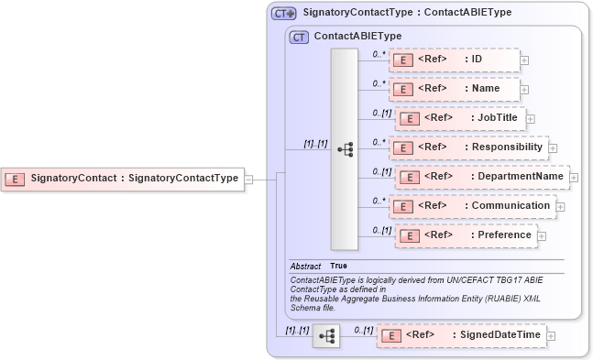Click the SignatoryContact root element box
(123, 179)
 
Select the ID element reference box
(454, 60)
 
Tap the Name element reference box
(454, 89)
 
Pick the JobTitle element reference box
(459, 118)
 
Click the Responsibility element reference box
(467, 147)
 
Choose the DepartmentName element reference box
(482, 177)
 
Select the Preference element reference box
(467, 235)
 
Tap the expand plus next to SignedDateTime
(551, 337)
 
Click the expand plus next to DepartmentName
(575, 177)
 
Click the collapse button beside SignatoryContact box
(248, 180)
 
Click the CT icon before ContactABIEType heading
(299, 38)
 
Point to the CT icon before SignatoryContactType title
(283, 14)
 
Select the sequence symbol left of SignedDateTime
(325, 337)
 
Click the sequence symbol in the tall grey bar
(345, 149)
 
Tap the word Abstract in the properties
(305, 266)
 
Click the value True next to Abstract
(338, 266)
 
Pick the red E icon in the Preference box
(412, 236)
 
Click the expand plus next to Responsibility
(554, 147)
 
